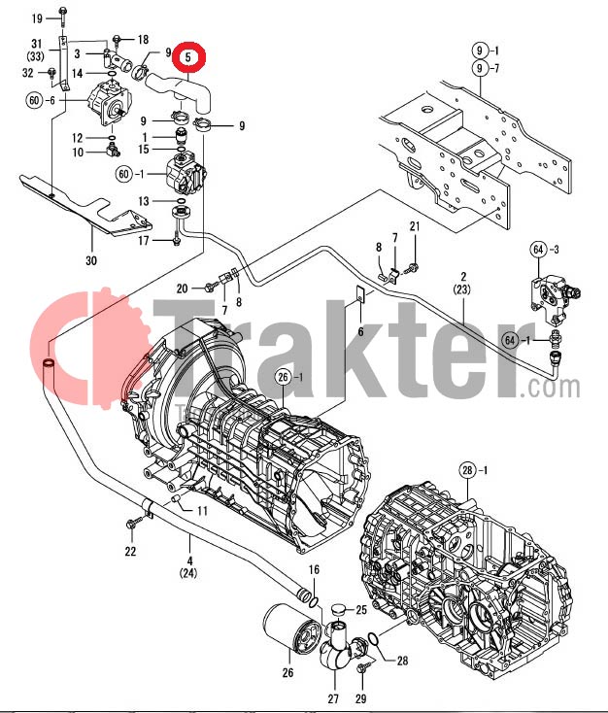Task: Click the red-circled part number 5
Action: (189, 58)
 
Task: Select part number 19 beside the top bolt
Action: (38, 18)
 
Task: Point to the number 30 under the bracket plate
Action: (91, 259)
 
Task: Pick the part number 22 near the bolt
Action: (130, 552)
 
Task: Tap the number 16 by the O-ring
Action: (314, 569)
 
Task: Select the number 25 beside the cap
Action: (360, 609)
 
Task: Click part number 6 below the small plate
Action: (359, 331)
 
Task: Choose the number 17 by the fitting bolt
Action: (143, 240)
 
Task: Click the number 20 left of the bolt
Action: (182, 289)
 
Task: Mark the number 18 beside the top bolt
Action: (143, 40)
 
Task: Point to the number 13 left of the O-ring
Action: (143, 200)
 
